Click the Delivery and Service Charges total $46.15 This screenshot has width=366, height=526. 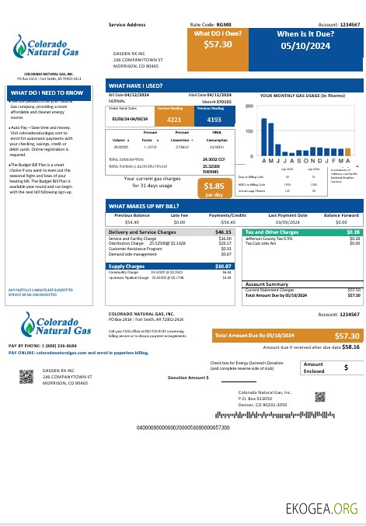(223, 232)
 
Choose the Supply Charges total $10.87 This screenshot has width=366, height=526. (223, 266)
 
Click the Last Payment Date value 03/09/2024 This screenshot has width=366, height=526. (288, 222)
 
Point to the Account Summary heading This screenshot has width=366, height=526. (267, 284)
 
